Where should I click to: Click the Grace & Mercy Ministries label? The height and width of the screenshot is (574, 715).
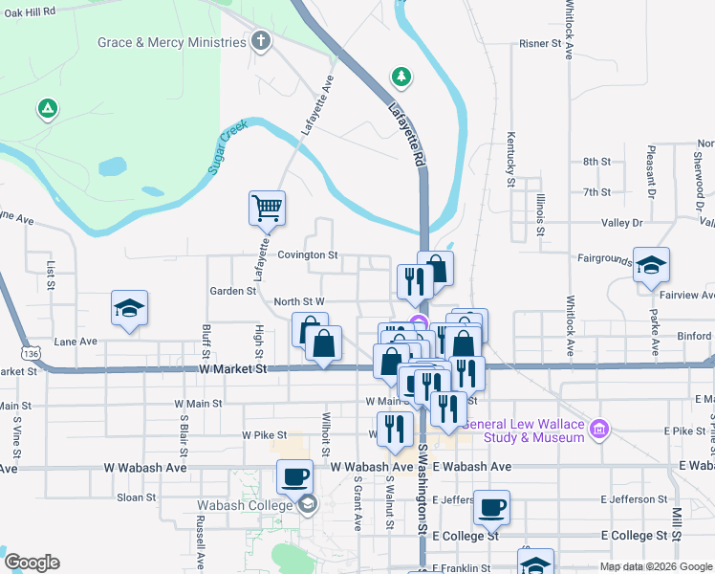pyautogui.click(x=172, y=42)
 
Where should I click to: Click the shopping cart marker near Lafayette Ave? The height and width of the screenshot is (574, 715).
pyautogui.click(x=268, y=207)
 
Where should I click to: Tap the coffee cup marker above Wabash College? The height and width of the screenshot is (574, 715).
pyautogui.click(x=294, y=475)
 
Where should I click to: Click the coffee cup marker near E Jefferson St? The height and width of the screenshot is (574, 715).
pyautogui.click(x=491, y=507)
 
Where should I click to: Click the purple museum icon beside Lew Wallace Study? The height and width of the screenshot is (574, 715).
pyautogui.click(x=600, y=430)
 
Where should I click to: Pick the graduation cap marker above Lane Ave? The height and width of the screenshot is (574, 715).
pyautogui.click(x=129, y=308)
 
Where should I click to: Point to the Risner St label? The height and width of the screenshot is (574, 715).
pyautogui.click(x=540, y=44)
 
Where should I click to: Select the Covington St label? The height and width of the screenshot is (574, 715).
pyautogui.click(x=308, y=255)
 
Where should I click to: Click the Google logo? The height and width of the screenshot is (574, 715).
pyautogui.click(x=31, y=563)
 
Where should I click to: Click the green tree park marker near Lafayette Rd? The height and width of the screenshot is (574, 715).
pyautogui.click(x=401, y=76)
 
